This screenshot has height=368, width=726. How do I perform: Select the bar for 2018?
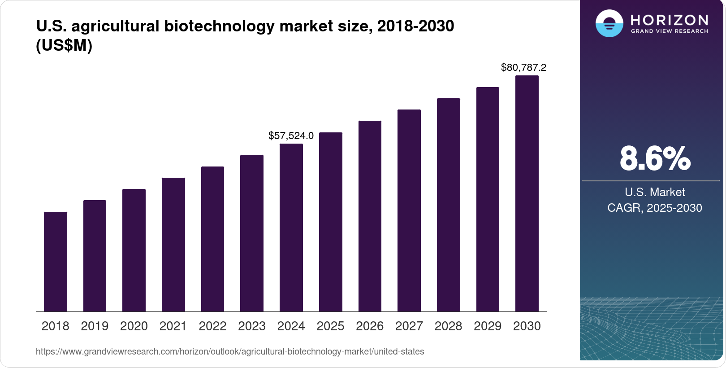pyautogui.click(x=56, y=262)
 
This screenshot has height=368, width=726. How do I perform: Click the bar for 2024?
pyautogui.click(x=291, y=228)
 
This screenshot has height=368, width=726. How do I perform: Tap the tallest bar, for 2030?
pyautogui.click(x=527, y=193)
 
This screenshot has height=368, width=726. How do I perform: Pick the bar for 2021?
pyautogui.click(x=173, y=245)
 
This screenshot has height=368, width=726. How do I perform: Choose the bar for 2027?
pyautogui.click(x=409, y=210)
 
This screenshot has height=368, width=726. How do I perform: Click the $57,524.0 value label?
pyautogui.click(x=291, y=136)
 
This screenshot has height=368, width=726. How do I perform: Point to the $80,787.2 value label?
pyautogui.click(x=523, y=67)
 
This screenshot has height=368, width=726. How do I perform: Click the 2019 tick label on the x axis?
pyautogui.click(x=95, y=326)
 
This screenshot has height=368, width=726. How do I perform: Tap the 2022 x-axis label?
pyautogui.click(x=212, y=326)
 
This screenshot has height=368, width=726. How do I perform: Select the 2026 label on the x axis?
pyautogui.click(x=370, y=326)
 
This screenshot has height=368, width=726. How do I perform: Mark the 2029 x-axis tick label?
pyautogui.click(x=488, y=326)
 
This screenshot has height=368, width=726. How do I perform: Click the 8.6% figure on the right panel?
pyautogui.click(x=655, y=158)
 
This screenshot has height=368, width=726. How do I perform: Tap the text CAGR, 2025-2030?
pyautogui.click(x=654, y=208)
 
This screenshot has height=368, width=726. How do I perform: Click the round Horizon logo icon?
pyautogui.click(x=609, y=23)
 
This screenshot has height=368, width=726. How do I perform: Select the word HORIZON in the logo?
pyautogui.click(x=669, y=20)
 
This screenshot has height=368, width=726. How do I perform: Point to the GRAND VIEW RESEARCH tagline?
pyautogui.click(x=669, y=31)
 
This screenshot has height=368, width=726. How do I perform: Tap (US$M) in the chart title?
pyautogui.click(x=64, y=45)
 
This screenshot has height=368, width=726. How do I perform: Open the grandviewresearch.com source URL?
pyautogui.click(x=230, y=351)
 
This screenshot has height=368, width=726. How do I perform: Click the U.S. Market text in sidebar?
pyautogui.click(x=655, y=192)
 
